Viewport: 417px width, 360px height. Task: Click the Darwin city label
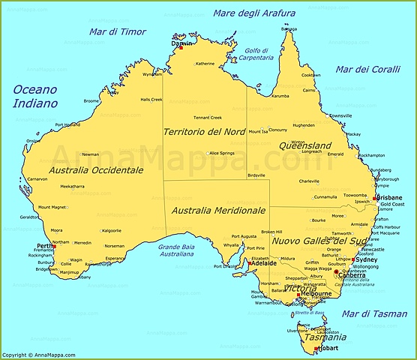(182, 43)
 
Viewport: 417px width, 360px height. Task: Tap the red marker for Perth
(54, 247)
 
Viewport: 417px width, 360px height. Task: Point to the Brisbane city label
(389, 198)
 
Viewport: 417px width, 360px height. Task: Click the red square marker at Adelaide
(250, 263)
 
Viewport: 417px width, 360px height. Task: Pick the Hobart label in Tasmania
(328, 349)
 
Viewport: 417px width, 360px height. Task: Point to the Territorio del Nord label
(204, 132)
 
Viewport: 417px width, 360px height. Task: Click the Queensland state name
(305, 145)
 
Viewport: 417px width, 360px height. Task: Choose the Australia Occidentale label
(95, 170)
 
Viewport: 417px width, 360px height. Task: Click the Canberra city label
(352, 274)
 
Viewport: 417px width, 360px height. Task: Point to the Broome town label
(91, 100)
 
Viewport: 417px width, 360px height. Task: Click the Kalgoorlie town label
(111, 230)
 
